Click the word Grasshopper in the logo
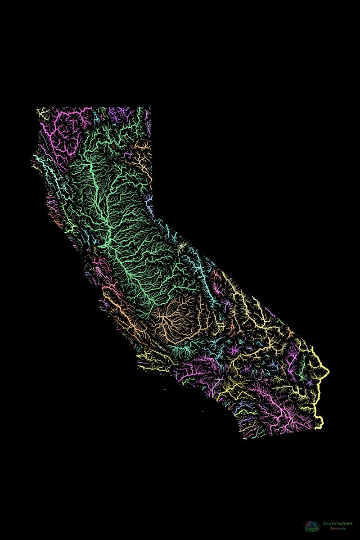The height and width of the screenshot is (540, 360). point(338,523)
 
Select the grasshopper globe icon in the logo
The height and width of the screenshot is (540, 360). point(312,526)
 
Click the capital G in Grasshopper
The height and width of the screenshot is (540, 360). point(325,523)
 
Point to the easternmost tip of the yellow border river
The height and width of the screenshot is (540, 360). point(328,371)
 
